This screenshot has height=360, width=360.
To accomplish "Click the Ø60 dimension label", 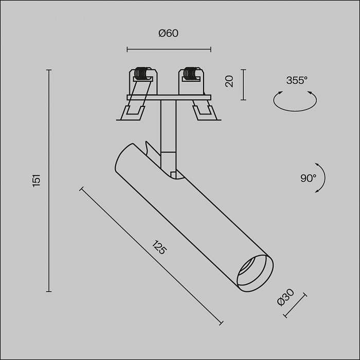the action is click(168, 33).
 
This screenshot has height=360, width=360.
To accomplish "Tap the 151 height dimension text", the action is click(37, 181).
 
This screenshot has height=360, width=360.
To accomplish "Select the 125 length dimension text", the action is click(159, 247).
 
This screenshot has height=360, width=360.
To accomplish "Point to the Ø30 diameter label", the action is click(285, 297).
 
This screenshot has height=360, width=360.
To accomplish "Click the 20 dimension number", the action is click(229, 81).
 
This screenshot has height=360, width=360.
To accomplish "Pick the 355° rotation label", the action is click(297, 80).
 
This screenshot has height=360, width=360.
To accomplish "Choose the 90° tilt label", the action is click(308, 178).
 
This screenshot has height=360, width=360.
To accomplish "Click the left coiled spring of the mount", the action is click(141, 74).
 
